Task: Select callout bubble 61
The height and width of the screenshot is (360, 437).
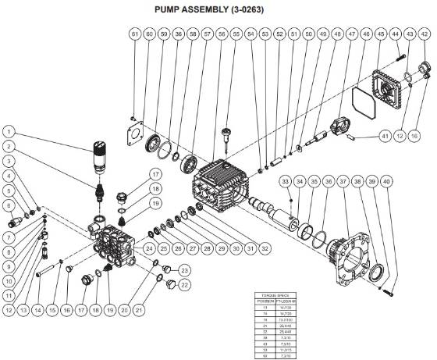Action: click(134, 35)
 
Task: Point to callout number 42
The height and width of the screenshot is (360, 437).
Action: click(410, 35)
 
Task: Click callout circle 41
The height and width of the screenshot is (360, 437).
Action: click(385, 136)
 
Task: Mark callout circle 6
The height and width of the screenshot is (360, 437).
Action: click(10, 205)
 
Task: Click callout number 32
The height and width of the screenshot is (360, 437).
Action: click(265, 248)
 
